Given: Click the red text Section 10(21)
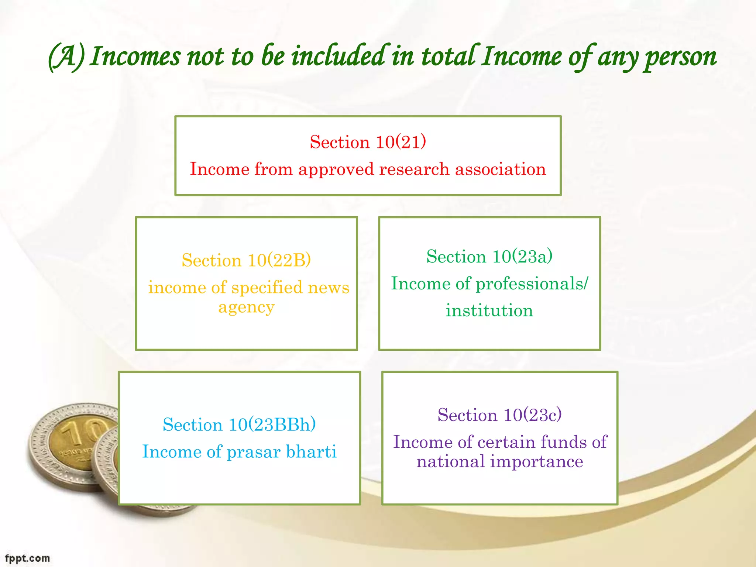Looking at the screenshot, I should [x=368, y=142].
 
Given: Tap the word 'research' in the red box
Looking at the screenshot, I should [x=414, y=169].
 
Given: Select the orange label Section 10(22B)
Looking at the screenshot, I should [x=246, y=260].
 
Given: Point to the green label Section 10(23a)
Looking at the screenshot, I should [x=489, y=257].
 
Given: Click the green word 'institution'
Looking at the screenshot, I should [x=489, y=310].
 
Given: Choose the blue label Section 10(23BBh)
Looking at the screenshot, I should [x=239, y=425].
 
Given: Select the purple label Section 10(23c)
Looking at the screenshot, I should [x=500, y=415].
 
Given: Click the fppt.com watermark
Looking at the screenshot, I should [x=27, y=558].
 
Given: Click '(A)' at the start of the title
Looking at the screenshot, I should [x=66, y=57].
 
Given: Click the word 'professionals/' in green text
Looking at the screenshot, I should [x=532, y=284].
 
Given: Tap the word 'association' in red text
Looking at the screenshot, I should [x=500, y=169].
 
